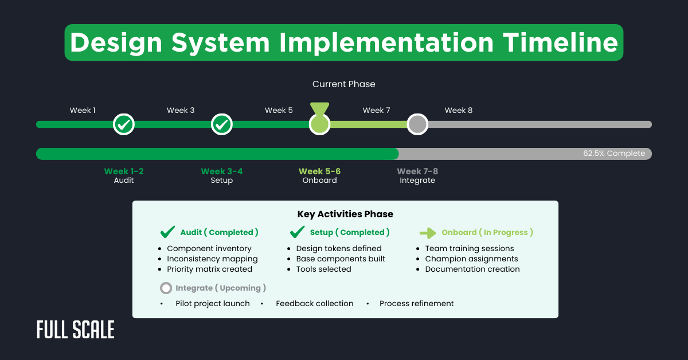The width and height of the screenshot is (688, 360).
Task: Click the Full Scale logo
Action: tap(75, 330)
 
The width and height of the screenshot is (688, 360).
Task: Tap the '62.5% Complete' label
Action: tap(614, 154)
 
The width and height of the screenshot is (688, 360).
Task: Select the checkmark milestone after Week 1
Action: tap(124, 124)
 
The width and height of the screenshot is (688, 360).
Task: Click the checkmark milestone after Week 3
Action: tap(222, 124)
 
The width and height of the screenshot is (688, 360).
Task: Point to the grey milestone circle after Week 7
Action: tap(417, 124)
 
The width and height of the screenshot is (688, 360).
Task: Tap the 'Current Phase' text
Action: tap(343, 84)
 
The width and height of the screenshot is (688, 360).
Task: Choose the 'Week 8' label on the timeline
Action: tap(458, 111)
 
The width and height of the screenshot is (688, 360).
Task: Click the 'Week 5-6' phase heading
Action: tap(319, 171)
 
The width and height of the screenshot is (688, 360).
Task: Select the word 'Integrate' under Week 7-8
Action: tap(417, 181)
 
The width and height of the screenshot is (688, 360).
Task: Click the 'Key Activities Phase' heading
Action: tap(345, 214)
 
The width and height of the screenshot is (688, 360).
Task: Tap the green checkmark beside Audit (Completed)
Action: tap(167, 232)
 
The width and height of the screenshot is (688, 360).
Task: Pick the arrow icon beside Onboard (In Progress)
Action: tap(428, 233)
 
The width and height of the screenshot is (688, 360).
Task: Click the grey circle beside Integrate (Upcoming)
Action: tap(166, 288)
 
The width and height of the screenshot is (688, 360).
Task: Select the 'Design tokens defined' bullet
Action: tap(338, 249)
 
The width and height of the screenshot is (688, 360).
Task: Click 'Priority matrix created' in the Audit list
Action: tap(209, 269)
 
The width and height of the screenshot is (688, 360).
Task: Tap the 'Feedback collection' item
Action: tap(314, 304)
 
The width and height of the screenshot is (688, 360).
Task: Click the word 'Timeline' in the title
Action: tap(560, 43)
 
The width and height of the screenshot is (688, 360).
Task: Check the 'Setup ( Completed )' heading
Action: tap(349, 232)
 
